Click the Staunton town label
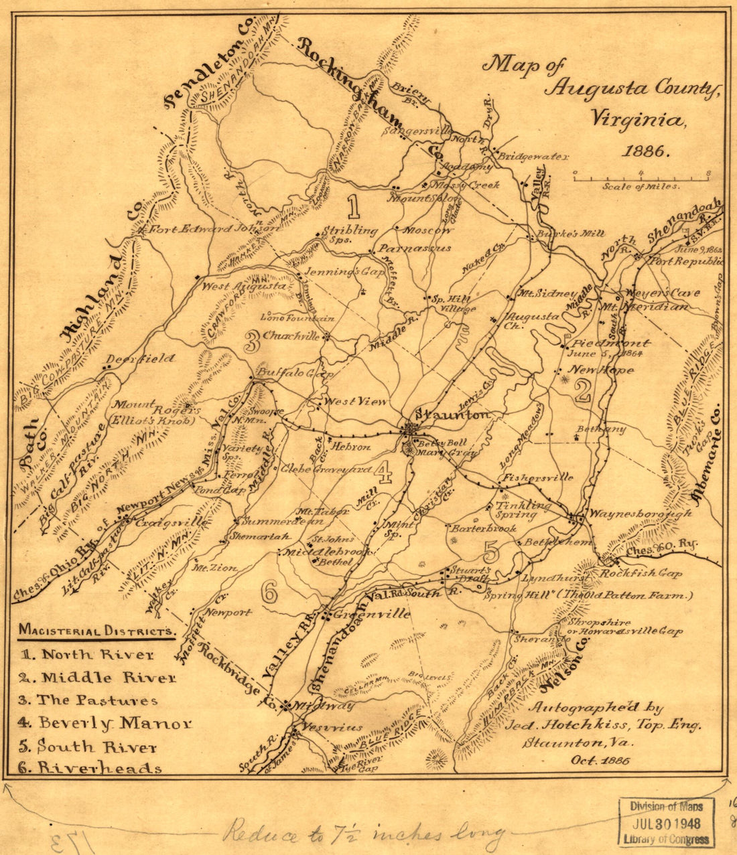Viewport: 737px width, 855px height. (x=453, y=415)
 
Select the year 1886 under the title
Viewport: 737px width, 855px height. (x=645, y=151)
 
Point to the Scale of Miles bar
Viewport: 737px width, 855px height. (x=641, y=177)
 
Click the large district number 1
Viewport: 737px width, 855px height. (x=354, y=207)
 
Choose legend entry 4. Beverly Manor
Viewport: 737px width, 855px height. (x=106, y=723)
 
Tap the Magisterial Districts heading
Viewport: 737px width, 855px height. (x=97, y=631)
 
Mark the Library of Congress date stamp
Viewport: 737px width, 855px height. (x=666, y=823)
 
